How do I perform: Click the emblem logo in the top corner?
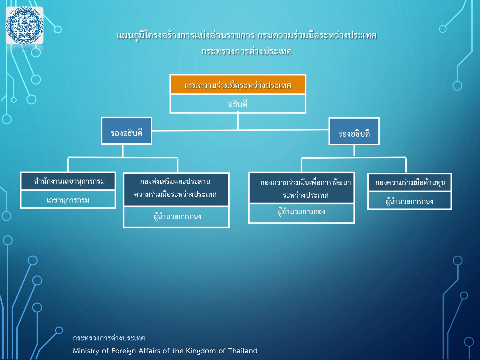pyautogui.click(x=25, y=26)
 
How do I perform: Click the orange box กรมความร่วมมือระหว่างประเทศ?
pyautogui.click(x=238, y=85)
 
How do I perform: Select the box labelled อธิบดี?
pyautogui.click(x=238, y=104)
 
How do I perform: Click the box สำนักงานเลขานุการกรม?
pyautogui.click(x=68, y=181)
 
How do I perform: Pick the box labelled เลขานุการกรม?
pyautogui.click(x=68, y=200)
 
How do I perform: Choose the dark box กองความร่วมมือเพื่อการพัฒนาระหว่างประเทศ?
pyautogui.click(x=301, y=188)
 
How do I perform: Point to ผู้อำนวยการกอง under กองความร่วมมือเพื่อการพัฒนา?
pyautogui.click(x=301, y=212)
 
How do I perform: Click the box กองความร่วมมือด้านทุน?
pyautogui.click(x=410, y=182)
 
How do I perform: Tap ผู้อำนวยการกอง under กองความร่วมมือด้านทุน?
pyautogui.click(x=410, y=201)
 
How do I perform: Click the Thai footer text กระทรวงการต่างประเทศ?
pyautogui.click(x=109, y=338)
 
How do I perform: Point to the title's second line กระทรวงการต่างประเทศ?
pyautogui.click(x=246, y=51)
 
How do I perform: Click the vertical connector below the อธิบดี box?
pyautogui.click(x=238, y=122)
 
